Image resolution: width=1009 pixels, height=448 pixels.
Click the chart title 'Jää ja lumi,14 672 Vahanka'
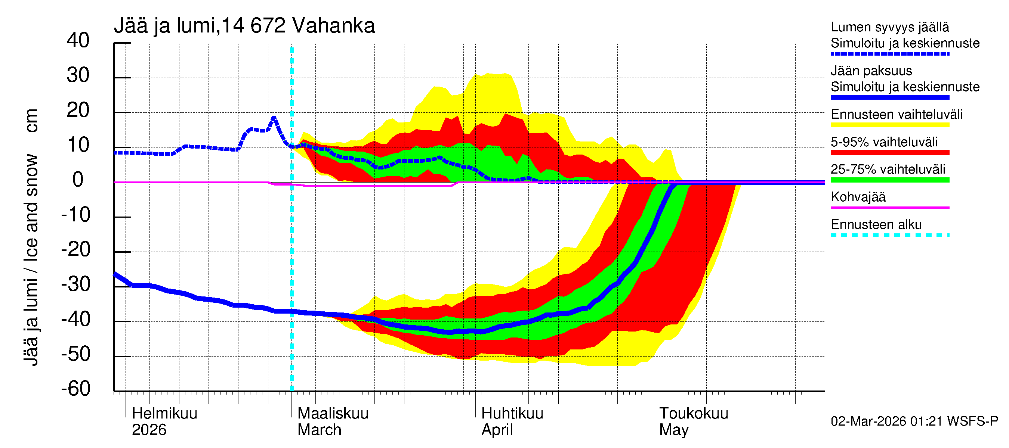[244, 26]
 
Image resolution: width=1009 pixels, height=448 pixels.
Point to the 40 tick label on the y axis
[78, 40]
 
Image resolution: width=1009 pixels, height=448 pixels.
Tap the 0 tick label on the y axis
[78, 180]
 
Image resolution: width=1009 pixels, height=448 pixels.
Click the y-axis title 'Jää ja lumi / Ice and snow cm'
[31, 237]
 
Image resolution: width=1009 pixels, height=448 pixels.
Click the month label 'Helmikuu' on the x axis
[164, 413]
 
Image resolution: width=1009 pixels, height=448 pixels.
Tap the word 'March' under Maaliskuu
[319, 430]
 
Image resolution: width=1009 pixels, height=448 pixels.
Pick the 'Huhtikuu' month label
[512, 413]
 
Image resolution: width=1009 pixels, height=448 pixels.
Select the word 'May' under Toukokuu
[673, 430]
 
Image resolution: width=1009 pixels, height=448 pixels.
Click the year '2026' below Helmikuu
[149, 430]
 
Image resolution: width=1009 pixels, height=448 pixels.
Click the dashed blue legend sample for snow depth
[889, 54]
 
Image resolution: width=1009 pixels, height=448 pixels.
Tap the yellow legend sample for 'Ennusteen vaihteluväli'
[889, 125]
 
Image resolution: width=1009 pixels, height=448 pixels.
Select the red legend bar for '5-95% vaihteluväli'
[889, 153]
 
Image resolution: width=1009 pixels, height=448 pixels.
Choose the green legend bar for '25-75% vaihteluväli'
[889, 180]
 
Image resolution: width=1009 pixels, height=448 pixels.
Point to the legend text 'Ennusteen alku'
[876, 225]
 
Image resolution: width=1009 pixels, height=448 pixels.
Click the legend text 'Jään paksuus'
[871, 71]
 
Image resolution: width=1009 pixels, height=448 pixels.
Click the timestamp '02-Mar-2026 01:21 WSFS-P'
[914, 421]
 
